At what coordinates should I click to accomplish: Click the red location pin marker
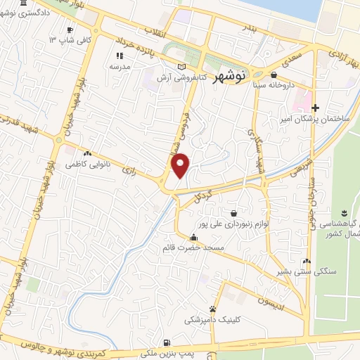pyautogui.click(x=181, y=165)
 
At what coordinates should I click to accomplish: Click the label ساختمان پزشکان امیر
pyautogui.click(x=316, y=119)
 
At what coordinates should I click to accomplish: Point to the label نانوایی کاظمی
pyautogui.click(x=86, y=164)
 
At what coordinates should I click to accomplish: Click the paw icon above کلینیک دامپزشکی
pyautogui.click(x=212, y=309)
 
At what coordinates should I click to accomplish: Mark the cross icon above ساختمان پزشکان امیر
pyautogui.click(x=316, y=108)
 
